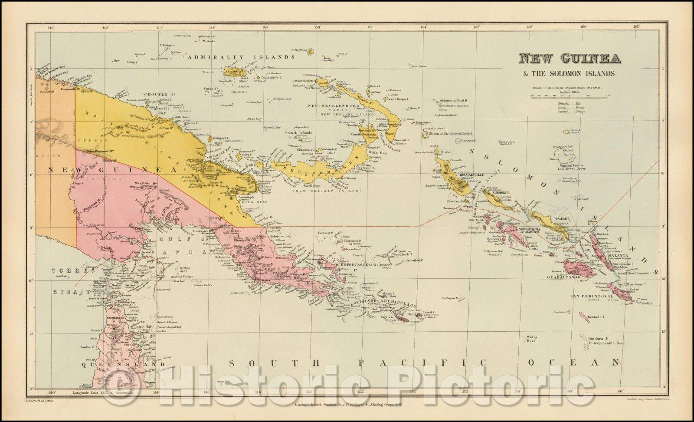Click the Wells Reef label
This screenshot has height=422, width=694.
[531, 339]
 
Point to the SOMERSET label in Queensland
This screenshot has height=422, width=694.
[116, 318]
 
